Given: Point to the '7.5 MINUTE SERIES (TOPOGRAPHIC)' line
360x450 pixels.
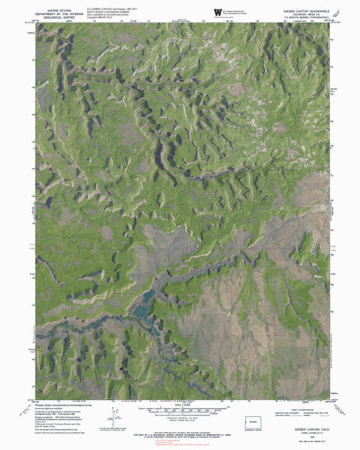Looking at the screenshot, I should pyautogui.click(x=302, y=16).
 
